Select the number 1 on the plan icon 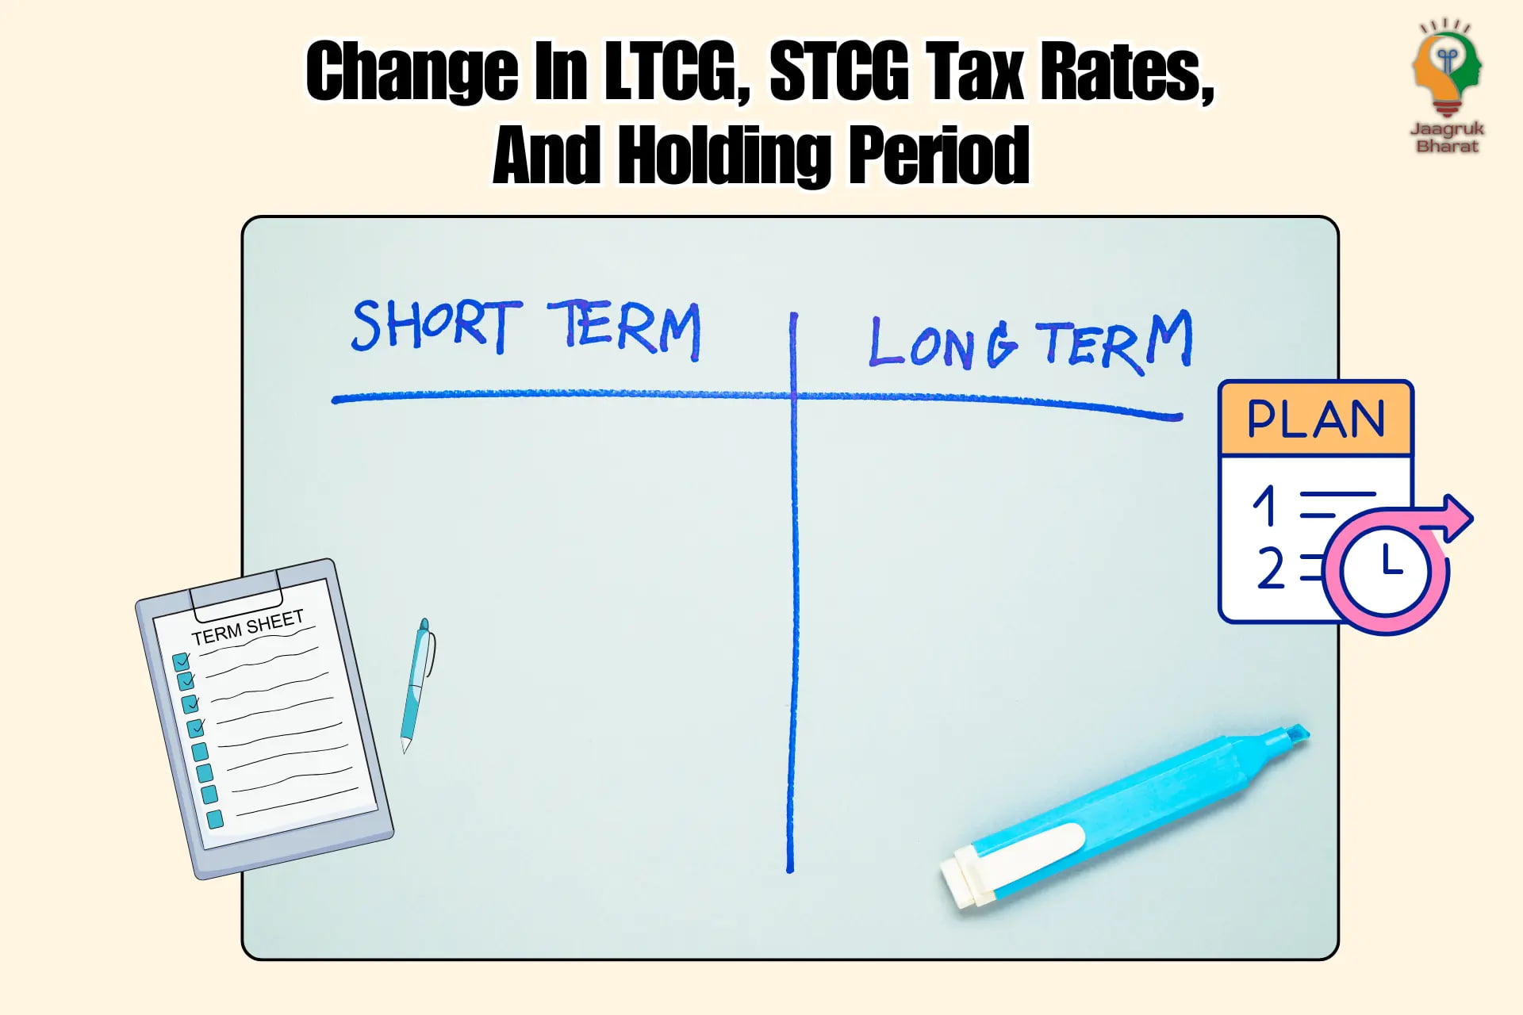click(1264, 505)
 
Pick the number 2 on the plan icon click(1271, 568)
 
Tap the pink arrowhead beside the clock click(1456, 518)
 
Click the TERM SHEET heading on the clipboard click(247, 627)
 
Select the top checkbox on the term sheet click(181, 661)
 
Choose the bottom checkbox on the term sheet click(214, 819)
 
